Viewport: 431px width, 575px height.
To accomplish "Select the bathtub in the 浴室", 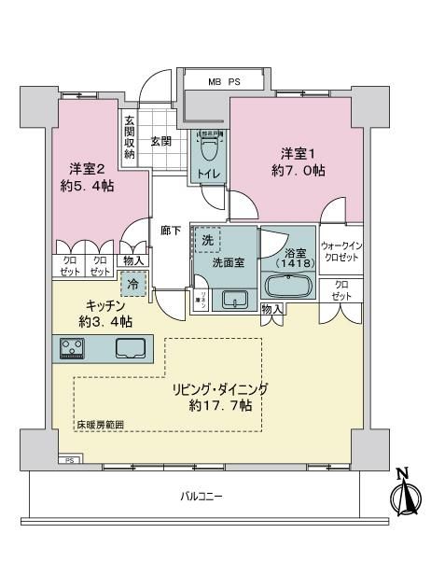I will click(x=289, y=287).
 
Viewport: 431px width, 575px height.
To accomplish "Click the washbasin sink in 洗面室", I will click(x=233, y=300).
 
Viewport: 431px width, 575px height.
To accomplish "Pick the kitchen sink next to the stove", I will click(x=130, y=349).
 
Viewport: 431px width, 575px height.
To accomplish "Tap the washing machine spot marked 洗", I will click(x=206, y=240).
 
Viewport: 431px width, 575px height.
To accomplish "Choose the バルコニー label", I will click(x=201, y=496).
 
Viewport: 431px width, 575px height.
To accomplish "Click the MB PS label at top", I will click(x=223, y=81).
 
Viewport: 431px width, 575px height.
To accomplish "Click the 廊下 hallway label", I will click(x=170, y=231).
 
